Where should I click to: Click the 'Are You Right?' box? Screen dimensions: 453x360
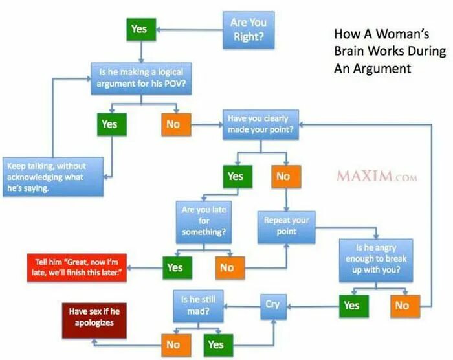[x=249, y=30]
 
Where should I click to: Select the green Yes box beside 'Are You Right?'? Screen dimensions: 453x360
[x=139, y=29]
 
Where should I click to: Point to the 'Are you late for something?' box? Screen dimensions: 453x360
[x=204, y=221]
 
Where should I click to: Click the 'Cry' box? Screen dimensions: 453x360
[x=272, y=303]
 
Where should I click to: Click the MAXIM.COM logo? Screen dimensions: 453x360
[x=377, y=175]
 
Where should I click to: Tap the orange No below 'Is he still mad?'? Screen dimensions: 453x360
[x=173, y=344]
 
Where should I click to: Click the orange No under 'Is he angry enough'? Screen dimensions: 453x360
[x=402, y=305]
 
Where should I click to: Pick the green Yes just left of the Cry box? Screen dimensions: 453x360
[x=351, y=305]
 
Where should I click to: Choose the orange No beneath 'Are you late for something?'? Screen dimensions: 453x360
[x=226, y=266]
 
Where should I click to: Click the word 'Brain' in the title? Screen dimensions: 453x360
[x=349, y=51]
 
